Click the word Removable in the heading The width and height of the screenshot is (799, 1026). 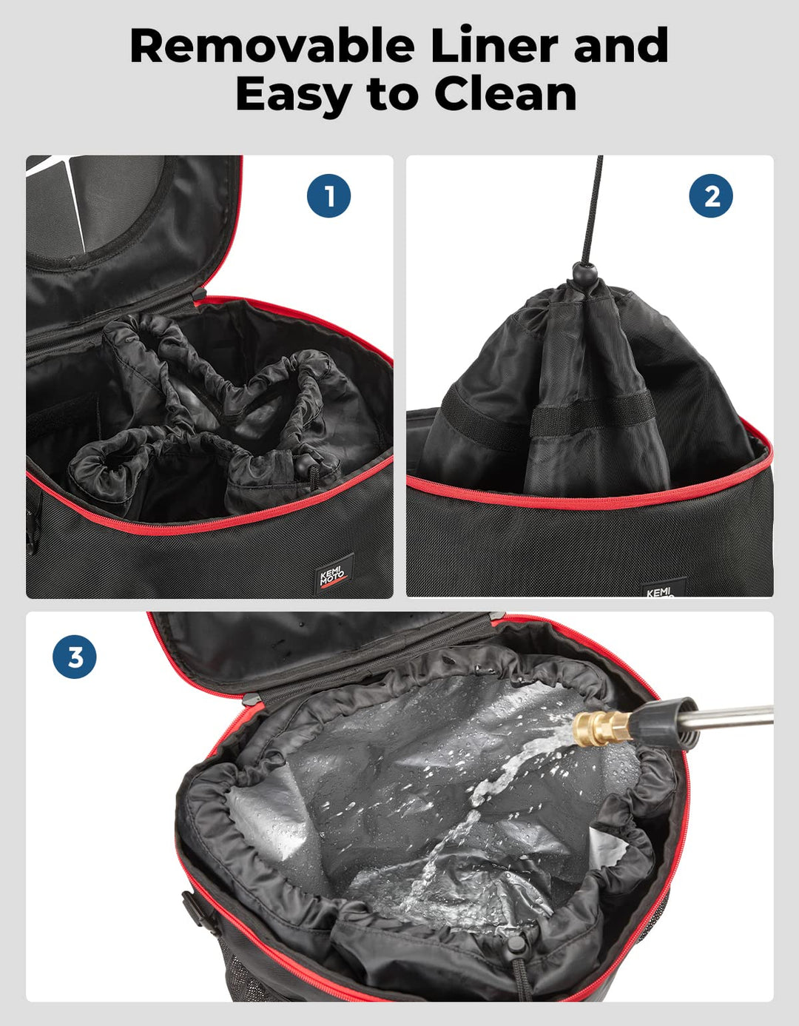[x=272, y=46]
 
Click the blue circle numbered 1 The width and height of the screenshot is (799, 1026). [x=328, y=195]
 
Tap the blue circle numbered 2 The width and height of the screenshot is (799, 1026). [x=711, y=195]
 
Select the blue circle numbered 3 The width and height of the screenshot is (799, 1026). [x=75, y=657]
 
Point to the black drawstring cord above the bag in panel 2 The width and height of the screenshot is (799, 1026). [x=593, y=210]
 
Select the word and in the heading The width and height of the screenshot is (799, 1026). [x=621, y=45]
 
